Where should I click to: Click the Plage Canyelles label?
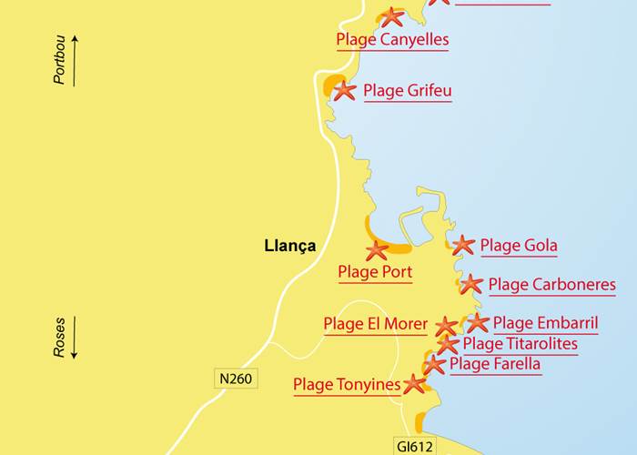click(x=392, y=39)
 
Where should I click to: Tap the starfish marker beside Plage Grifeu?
click(x=344, y=91)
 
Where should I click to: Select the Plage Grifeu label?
click(x=407, y=91)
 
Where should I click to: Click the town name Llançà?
click(x=289, y=246)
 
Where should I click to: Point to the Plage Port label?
click(x=375, y=272)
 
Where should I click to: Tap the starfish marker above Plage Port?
click(x=376, y=251)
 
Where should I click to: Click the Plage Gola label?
click(x=519, y=245)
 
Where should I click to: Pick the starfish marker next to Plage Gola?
click(x=463, y=245)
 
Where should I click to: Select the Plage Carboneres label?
click(x=551, y=285)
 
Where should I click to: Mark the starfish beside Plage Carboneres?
click(x=470, y=285)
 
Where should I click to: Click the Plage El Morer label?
click(x=375, y=324)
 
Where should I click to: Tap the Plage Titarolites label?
click(x=520, y=344)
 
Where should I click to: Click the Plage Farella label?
click(x=495, y=364)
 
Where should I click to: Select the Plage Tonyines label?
click(x=346, y=385)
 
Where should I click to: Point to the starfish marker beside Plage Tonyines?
click(x=414, y=384)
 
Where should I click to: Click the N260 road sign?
click(x=234, y=378)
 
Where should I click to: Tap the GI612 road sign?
click(x=415, y=446)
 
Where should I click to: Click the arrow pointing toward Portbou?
click(x=75, y=60)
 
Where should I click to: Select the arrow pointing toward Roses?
click(x=75, y=338)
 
